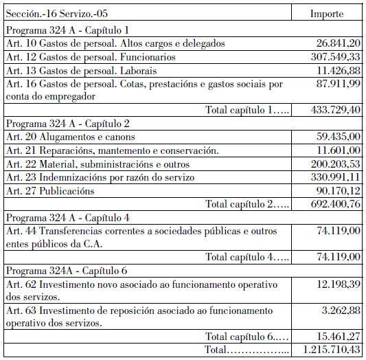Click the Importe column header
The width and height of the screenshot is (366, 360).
(327, 13)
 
